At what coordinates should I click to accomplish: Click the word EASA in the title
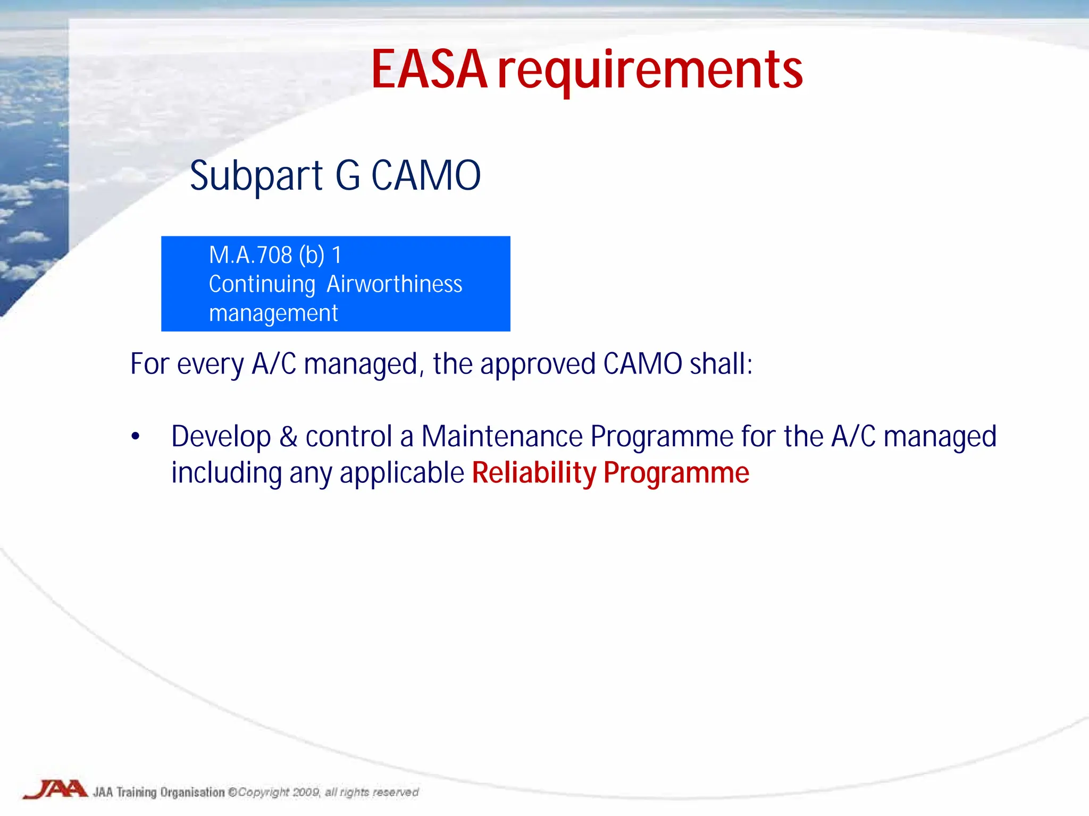click(429, 70)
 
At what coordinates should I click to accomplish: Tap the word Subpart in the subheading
click(256, 176)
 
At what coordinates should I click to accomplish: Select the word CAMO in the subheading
click(425, 176)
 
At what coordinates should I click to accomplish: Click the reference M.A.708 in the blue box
click(250, 256)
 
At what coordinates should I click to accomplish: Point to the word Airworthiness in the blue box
click(394, 284)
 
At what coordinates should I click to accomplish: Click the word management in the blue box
click(273, 313)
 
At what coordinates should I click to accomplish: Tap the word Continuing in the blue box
click(262, 285)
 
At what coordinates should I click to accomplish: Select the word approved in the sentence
click(538, 365)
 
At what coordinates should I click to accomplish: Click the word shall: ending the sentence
click(721, 364)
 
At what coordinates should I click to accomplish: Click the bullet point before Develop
click(136, 437)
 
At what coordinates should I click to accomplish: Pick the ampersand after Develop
click(288, 437)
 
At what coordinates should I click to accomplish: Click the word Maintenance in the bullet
click(502, 437)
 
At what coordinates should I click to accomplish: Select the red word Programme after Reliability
click(676, 473)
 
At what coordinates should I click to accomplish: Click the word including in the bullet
click(227, 473)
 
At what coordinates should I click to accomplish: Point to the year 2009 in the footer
click(306, 792)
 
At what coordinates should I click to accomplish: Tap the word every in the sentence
click(210, 365)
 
